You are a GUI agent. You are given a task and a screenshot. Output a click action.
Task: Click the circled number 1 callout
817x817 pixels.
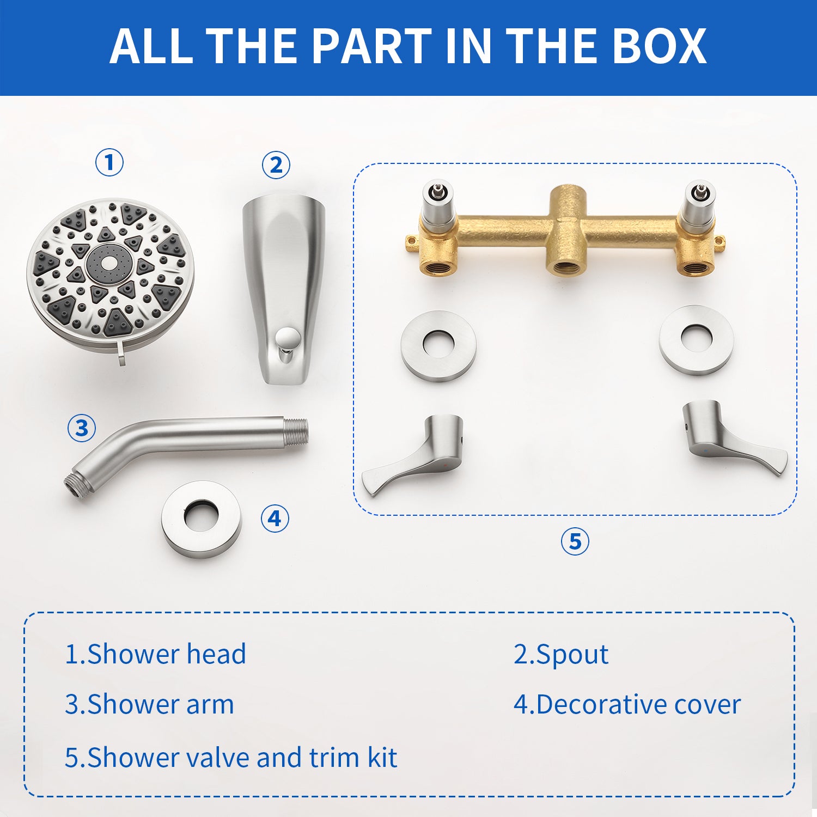pos(109,162)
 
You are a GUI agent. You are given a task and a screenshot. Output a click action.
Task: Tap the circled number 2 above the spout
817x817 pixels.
pos(276,164)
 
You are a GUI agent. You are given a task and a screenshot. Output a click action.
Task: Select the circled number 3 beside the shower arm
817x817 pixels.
pos(82,428)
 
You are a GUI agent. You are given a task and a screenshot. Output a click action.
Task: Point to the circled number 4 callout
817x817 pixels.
pos(275,518)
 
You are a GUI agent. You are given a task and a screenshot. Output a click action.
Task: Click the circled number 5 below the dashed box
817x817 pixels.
pos(575,541)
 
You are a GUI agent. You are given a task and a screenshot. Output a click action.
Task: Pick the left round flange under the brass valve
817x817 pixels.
pos(439,345)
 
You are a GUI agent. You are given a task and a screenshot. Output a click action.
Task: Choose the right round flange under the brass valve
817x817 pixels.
pos(697,339)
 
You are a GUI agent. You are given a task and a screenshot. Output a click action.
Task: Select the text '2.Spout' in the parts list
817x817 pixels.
pos(561,654)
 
